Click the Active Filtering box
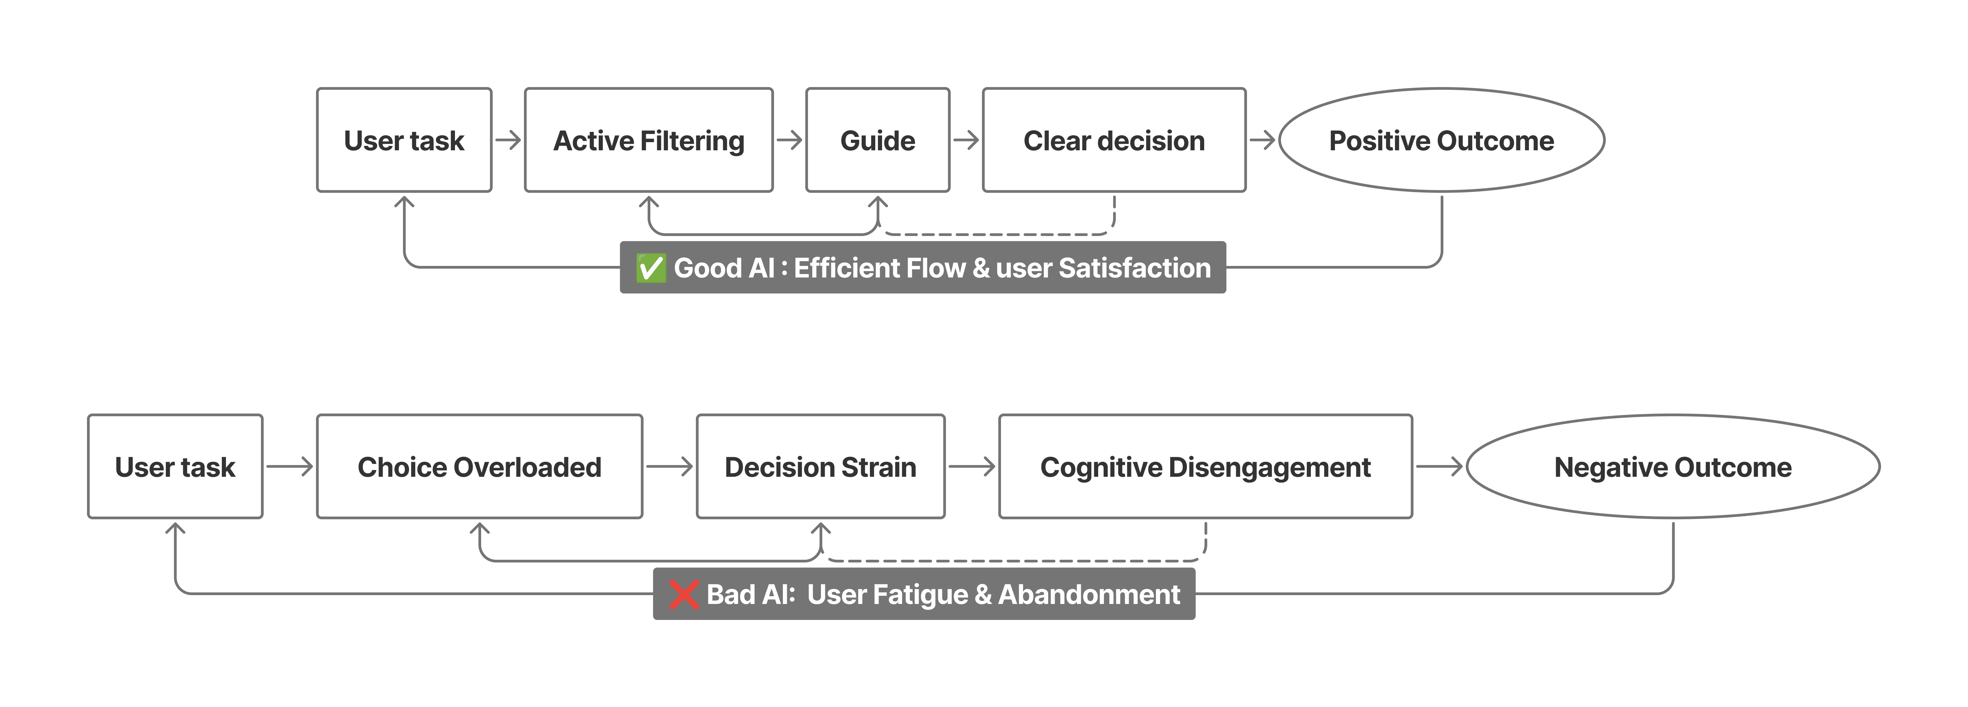pos(649,140)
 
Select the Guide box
pos(878,140)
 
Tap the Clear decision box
pos(1114,140)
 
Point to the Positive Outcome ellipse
pos(1442,140)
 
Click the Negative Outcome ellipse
pos(1673,466)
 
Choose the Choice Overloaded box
pos(480,466)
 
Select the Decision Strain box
pos(821,466)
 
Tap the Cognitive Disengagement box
pos(1206,466)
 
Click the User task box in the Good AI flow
pos(404,140)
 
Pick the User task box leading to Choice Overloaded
pos(175,466)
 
